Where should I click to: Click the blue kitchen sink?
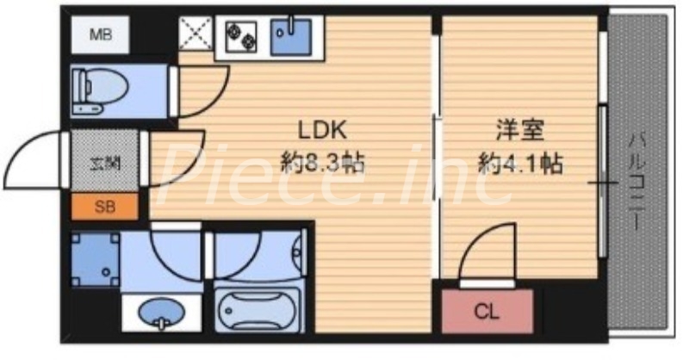pyautogui.click(x=291, y=35)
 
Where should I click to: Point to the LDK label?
pyautogui.click(x=321, y=130)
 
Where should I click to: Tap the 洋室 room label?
pyautogui.click(x=520, y=130)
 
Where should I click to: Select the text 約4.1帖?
pyautogui.click(x=520, y=161)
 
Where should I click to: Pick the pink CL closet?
pyautogui.click(x=487, y=310)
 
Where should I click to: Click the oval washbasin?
pyautogui.click(x=159, y=309)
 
